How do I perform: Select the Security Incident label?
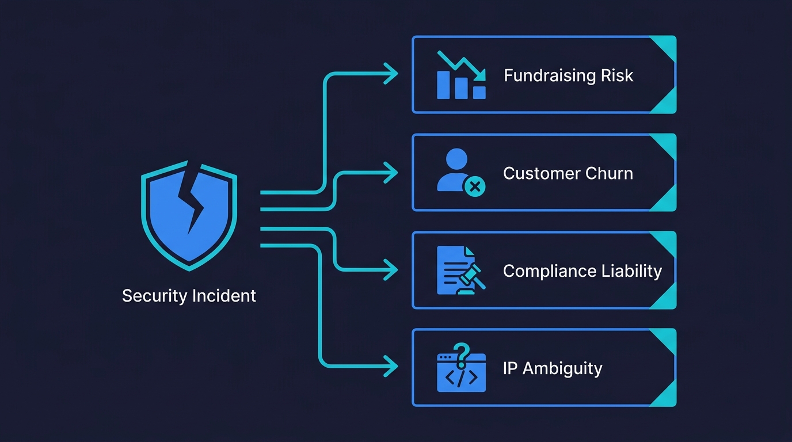pos(189,296)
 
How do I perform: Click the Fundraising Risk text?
pos(568,75)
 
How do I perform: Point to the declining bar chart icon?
pos(461,75)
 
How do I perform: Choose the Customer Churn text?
pos(568,173)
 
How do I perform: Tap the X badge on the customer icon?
pos(475,186)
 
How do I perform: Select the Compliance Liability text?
pos(582,271)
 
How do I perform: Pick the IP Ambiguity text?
pos(552,368)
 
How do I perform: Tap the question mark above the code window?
pos(460,354)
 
